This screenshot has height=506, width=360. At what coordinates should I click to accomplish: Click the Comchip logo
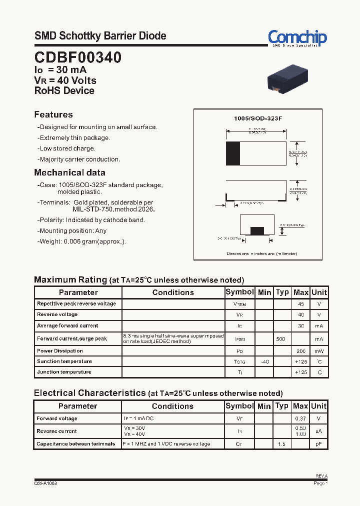(297, 37)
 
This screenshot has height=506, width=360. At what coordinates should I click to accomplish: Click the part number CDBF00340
(77, 57)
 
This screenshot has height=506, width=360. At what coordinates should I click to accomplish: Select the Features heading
(53, 114)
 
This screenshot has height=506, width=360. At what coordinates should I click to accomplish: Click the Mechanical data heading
(69, 172)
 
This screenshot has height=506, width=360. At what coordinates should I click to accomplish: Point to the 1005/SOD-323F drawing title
(258, 118)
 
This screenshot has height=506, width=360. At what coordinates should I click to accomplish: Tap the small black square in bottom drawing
(257, 230)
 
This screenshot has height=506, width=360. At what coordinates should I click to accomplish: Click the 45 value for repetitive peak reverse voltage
(301, 304)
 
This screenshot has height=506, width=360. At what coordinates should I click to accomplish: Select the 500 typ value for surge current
(281, 339)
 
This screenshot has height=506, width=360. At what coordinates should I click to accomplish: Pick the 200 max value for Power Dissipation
(301, 351)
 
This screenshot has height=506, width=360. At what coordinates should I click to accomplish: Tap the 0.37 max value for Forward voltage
(300, 418)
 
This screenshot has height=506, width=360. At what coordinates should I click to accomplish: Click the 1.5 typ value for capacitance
(281, 444)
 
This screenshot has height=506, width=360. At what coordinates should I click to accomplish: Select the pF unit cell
(318, 444)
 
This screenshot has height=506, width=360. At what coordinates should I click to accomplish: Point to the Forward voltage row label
(57, 418)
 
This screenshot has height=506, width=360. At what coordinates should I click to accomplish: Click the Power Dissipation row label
(60, 351)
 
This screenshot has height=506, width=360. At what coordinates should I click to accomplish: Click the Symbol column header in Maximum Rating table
(240, 292)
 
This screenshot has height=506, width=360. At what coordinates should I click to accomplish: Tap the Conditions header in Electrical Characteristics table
(172, 406)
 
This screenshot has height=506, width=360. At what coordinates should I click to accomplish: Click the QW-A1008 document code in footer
(45, 483)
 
